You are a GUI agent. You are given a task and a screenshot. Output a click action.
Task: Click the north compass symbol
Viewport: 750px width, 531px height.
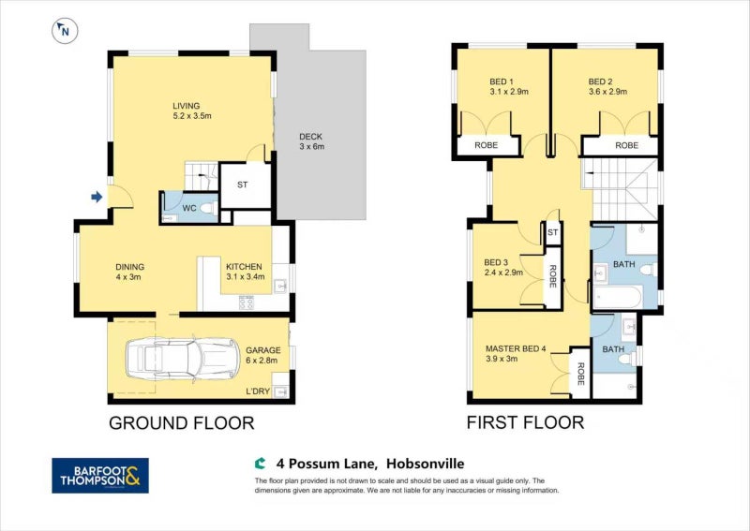tap(63, 31)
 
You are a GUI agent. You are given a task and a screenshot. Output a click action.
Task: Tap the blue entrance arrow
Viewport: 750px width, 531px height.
tap(96, 197)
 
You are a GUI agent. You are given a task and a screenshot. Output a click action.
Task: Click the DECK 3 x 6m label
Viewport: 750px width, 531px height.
tap(310, 141)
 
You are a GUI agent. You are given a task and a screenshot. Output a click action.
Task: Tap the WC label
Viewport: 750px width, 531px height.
tap(187, 207)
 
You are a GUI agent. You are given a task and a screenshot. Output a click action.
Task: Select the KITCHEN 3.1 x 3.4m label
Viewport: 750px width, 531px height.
tap(246, 273)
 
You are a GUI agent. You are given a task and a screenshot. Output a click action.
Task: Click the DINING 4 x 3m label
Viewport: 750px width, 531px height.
tap(129, 273)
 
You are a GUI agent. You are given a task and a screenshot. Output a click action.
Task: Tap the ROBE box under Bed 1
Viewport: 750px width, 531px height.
tap(486, 145)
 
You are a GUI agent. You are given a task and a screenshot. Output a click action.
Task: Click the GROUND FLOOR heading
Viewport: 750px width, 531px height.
tap(182, 423)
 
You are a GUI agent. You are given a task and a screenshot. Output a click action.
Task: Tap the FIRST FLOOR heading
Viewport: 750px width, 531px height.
tap(525, 423)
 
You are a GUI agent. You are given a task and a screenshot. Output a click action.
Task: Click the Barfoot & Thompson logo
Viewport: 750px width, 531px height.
tap(99, 475)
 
